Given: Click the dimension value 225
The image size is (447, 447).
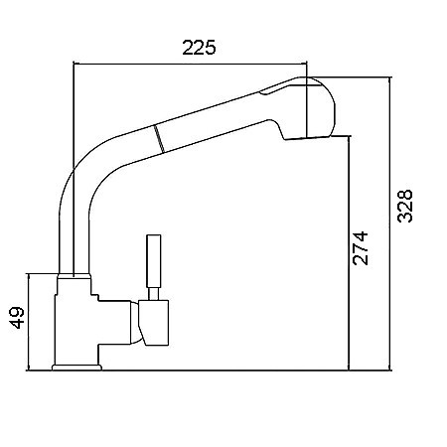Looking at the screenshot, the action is (199, 47).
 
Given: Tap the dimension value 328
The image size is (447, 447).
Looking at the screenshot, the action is (405, 206).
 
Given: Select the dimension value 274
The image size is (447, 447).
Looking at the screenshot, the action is (361, 248).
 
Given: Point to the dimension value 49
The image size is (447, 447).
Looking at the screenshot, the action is (17, 318).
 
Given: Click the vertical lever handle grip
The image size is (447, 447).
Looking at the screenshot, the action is (154, 261).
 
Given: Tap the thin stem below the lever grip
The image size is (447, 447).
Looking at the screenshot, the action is (153, 294).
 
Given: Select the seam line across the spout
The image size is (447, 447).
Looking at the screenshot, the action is (159, 139).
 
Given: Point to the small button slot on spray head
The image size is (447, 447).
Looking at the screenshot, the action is (275, 89).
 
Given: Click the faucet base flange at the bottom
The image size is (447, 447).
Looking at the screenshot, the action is (76, 368).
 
